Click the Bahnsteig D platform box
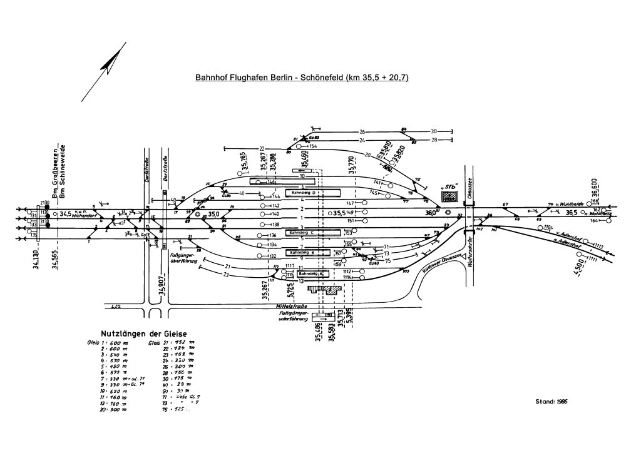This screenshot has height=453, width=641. tap(312, 193)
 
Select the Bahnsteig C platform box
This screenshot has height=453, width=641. tap(312, 232)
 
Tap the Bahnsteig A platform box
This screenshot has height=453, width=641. tap(311, 274)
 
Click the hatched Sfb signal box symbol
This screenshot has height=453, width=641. tap(449, 196)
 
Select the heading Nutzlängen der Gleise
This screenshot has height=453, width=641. tap(144, 333)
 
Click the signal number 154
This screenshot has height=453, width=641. tap(313, 146)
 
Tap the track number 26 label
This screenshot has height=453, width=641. tap(362, 131)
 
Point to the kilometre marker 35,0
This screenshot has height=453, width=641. tap(213, 214)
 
